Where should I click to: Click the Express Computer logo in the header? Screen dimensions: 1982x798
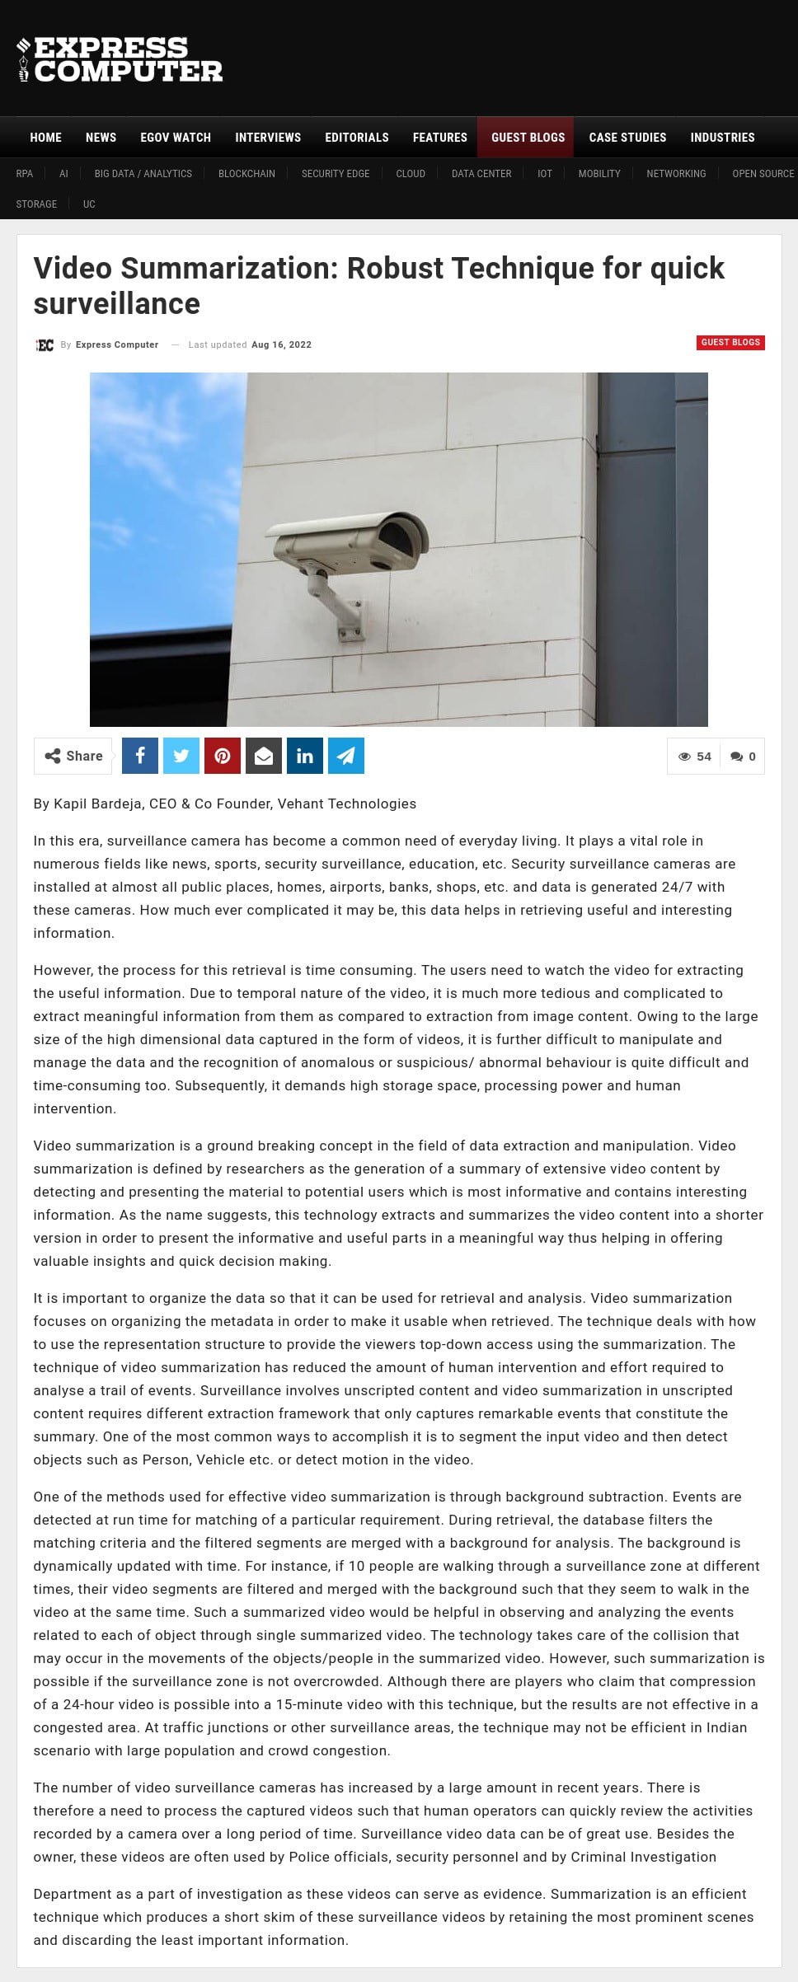click(120, 59)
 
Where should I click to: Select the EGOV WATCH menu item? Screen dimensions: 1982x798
click(176, 138)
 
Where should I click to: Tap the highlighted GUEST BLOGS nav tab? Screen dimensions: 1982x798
click(528, 138)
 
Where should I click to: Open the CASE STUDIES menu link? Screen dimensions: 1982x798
click(627, 138)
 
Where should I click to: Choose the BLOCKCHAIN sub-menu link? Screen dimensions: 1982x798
click(246, 174)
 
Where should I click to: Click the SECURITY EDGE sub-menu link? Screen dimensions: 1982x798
click(336, 174)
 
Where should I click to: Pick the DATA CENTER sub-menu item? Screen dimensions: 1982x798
click(481, 174)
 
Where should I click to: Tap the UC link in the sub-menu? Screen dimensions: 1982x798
click(89, 204)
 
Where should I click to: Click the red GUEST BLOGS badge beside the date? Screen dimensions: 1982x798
click(730, 342)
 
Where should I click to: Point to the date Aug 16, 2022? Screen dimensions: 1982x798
click(281, 344)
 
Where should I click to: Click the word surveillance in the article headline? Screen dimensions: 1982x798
click(116, 304)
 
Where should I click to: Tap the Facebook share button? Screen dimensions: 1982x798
click(140, 756)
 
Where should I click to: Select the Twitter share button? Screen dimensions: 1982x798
click(181, 756)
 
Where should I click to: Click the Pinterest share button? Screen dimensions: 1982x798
click(223, 756)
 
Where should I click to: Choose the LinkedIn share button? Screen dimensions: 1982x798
click(305, 756)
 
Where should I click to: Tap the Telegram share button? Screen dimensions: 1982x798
click(346, 756)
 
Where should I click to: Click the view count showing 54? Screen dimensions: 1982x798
click(695, 757)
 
